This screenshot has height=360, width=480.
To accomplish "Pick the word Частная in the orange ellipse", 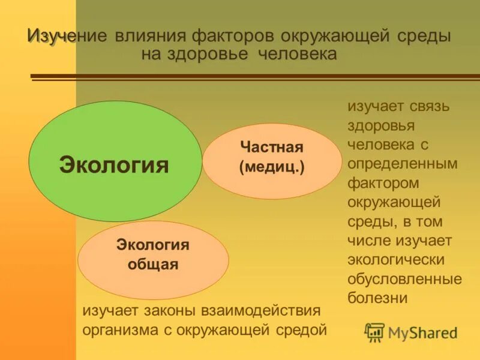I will (272, 147).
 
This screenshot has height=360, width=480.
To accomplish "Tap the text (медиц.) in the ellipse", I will (272, 167).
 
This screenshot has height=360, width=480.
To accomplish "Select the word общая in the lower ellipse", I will (152, 265).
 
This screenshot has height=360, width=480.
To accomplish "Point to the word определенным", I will (402, 164).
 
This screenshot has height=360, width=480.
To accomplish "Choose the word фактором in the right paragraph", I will (383, 183).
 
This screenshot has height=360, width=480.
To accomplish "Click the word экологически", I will (395, 260).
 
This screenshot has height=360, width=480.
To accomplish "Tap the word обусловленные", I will (404, 279).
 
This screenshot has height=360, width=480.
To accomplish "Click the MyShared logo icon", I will (374, 332).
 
